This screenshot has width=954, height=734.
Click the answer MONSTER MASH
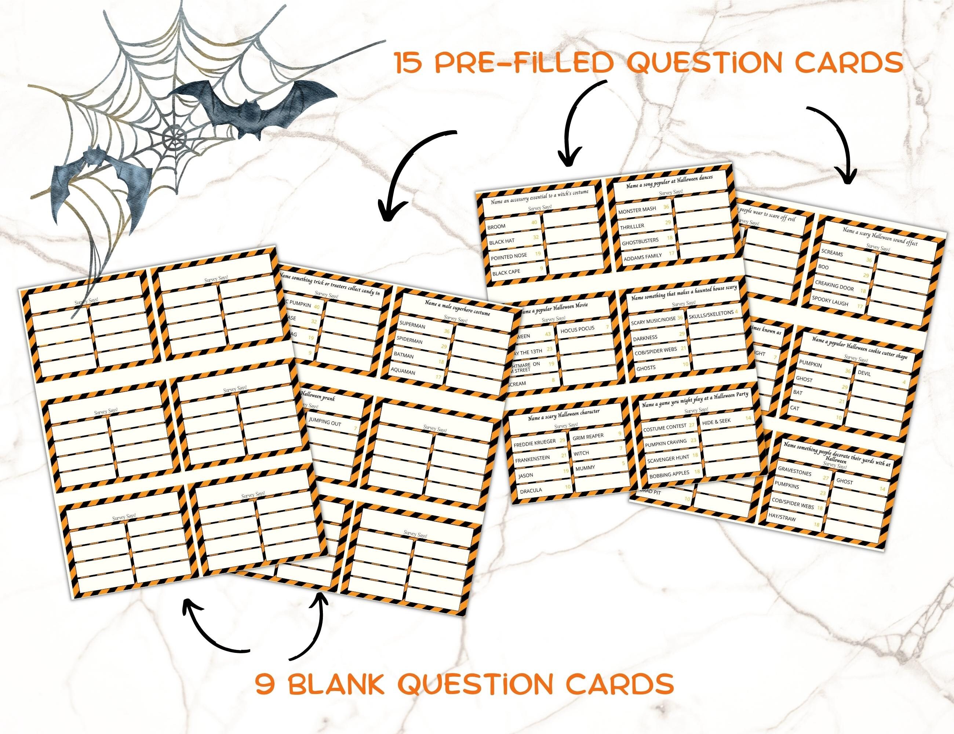637,210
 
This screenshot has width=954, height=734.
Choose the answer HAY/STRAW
784,519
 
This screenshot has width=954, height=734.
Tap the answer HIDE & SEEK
716,421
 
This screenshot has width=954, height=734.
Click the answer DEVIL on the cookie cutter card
864,373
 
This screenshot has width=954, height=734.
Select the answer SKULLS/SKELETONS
711,314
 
